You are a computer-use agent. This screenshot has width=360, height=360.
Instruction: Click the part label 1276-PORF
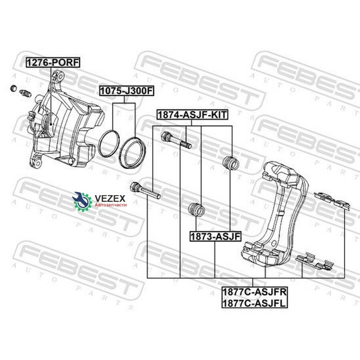[x=53, y=62]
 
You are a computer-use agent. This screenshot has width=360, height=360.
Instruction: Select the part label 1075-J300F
[x=126, y=91]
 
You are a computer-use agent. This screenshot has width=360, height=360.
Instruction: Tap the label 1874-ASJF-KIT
[x=192, y=114]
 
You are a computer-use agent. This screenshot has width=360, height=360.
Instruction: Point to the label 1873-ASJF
[x=215, y=236]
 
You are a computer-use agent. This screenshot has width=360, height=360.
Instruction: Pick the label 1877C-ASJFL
[x=254, y=303]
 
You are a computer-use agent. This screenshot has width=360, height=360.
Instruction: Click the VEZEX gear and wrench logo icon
[x=82, y=201]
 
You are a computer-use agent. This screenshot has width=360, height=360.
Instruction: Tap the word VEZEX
[x=110, y=198]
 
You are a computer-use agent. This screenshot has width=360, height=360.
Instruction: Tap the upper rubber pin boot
[x=231, y=163]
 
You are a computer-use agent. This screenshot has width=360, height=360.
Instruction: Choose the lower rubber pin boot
[x=196, y=210]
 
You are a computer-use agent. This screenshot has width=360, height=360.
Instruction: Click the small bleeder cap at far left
[x=14, y=88]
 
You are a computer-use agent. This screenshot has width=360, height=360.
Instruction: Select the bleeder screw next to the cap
[x=25, y=93]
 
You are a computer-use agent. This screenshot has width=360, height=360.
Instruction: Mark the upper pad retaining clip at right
[x=332, y=201]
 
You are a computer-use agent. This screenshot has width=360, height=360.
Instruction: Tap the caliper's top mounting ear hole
[x=60, y=76]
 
